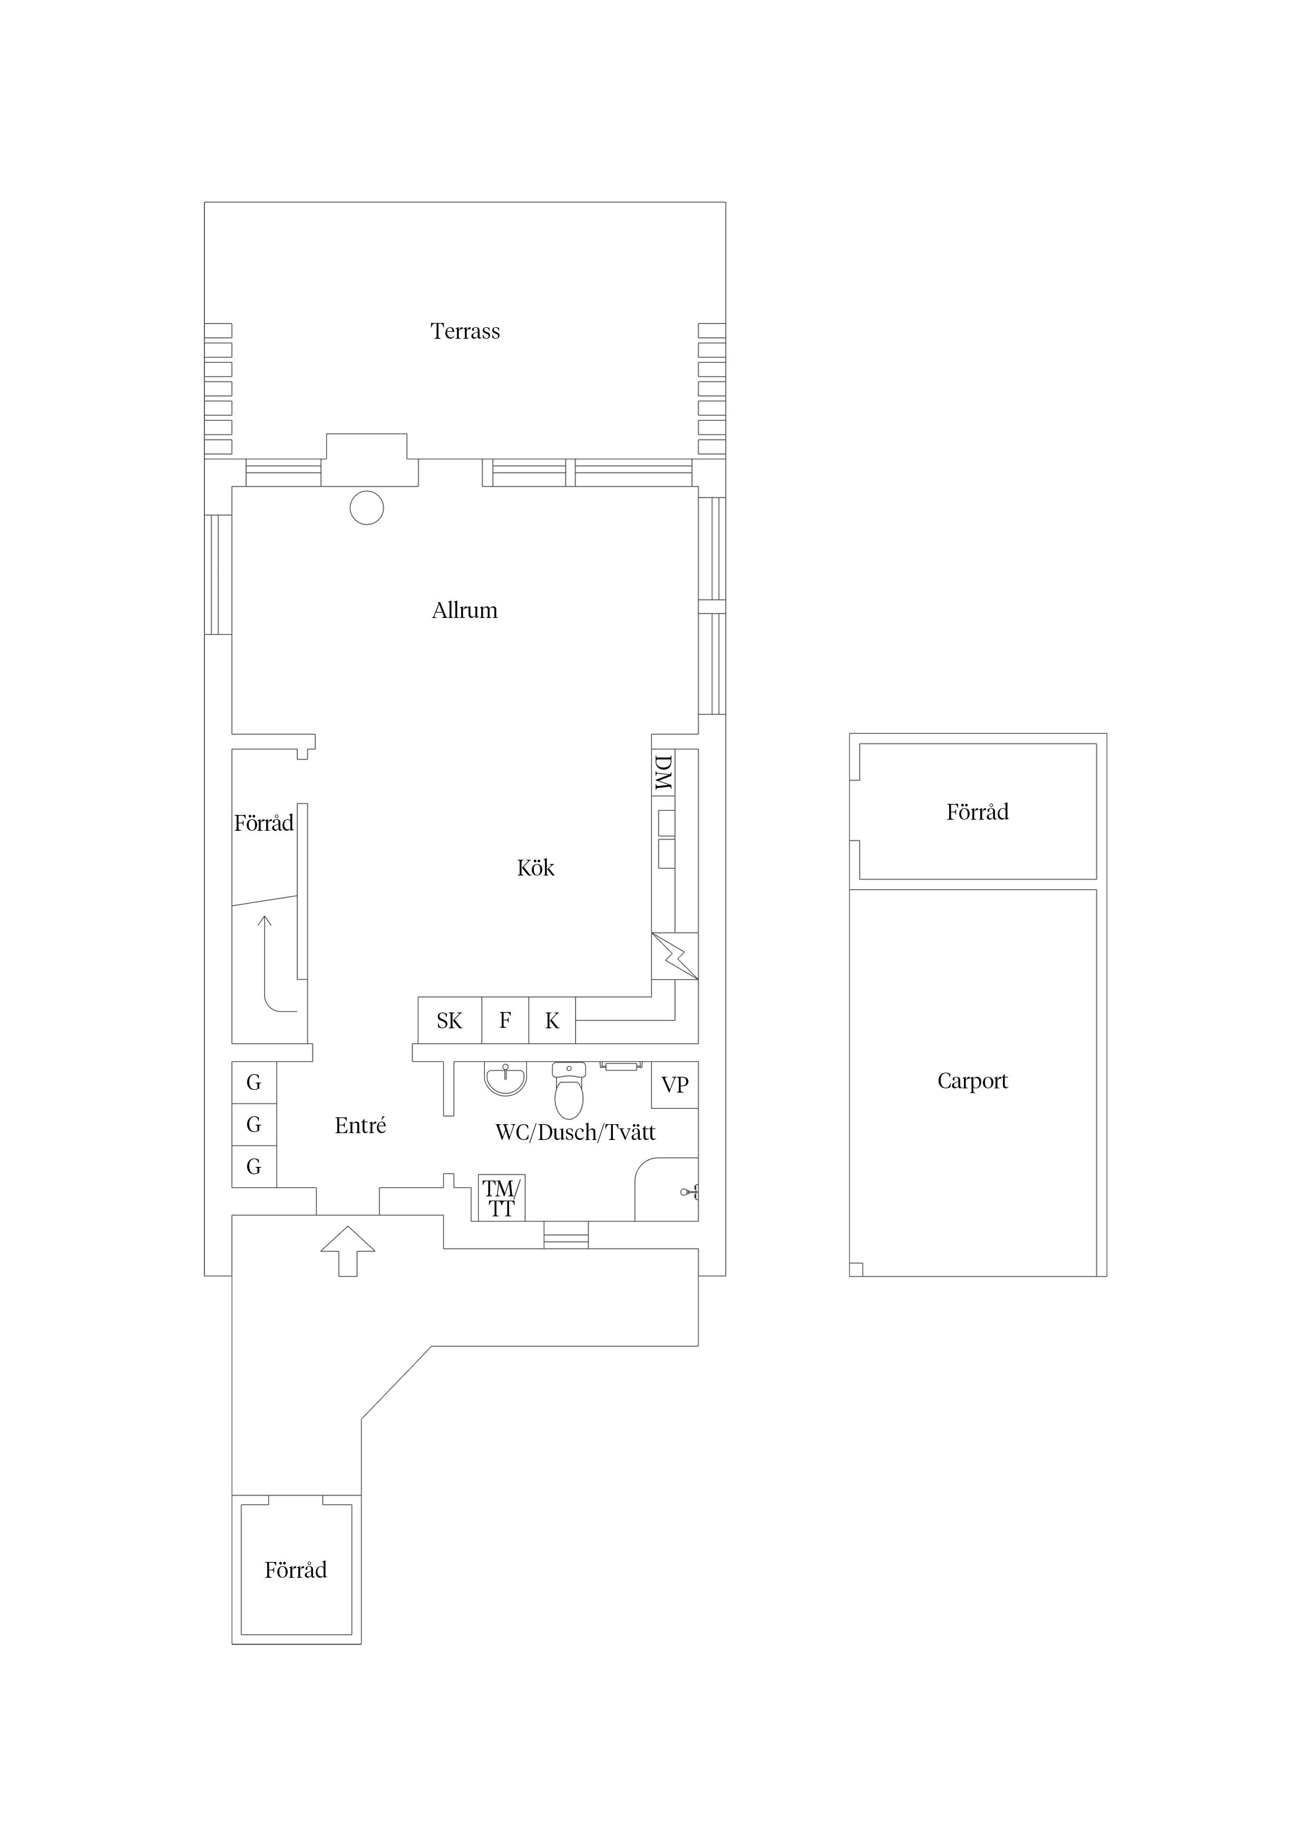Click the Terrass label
coord(465,331)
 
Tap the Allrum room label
coord(465,611)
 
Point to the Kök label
coord(535,868)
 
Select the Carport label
coord(972,1081)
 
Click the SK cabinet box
coord(450,1020)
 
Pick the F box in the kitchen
coord(505,1020)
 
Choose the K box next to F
coord(552,1020)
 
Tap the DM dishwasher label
coord(663,773)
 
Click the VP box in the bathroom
coord(675,1085)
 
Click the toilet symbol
coord(569,1090)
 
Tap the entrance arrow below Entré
coord(348,1251)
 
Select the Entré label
coord(360,1125)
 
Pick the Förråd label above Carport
coord(977,812)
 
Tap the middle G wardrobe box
coord(253,1124)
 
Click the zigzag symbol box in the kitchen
coord(675,956)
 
